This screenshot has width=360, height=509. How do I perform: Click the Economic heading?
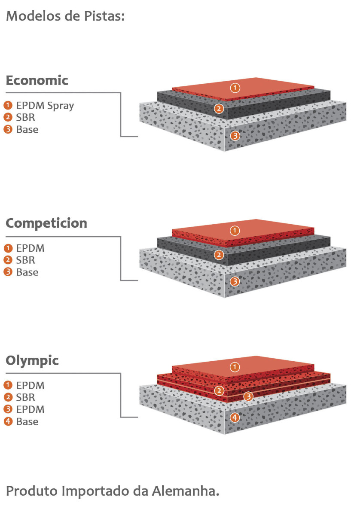pyautogui.click(x=37, y=80)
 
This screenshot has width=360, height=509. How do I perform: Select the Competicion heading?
pyautogui.click(x=46, y=223)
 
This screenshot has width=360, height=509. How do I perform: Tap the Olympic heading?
pyautogui.click(x=32, y=361)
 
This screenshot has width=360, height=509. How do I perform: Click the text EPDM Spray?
pyautogui.click(x=45, y=106)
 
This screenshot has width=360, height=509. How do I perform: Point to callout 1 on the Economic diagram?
pyautogui.click(x=235, y=88)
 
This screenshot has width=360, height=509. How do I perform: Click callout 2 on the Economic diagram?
pyautogui.click(x=220, y=109)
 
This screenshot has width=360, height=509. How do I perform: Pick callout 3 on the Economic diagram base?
pyautogui.click(x=235, y=136)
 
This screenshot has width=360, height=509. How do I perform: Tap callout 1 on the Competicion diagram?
pyautogui.click(x=235, y=231)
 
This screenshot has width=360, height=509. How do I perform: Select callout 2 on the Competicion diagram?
pyautogui.click(x=219, y=255)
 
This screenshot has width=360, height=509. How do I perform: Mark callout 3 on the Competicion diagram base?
pyautogui.click(x=235, y=281)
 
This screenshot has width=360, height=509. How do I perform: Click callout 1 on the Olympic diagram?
pyautogui.click(x=235, y=367)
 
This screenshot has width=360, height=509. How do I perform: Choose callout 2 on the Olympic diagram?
pyautogui.click(x=220, y=390)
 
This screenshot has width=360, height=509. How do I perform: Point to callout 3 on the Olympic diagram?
pyautogui.click(x=248, y=396)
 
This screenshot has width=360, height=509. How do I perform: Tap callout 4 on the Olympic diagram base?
pyautogui.click(x=235, y=417)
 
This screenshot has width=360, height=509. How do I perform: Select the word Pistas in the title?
pyautogui.click(x=105, y=17)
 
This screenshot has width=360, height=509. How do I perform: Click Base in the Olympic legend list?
pyautogui.click(x=27, y=422)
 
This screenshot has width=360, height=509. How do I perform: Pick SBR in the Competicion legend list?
pyautogui.click(x=25, y=260)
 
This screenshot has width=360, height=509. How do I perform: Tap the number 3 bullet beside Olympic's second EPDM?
pyautogui.click(x=8, y=409)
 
